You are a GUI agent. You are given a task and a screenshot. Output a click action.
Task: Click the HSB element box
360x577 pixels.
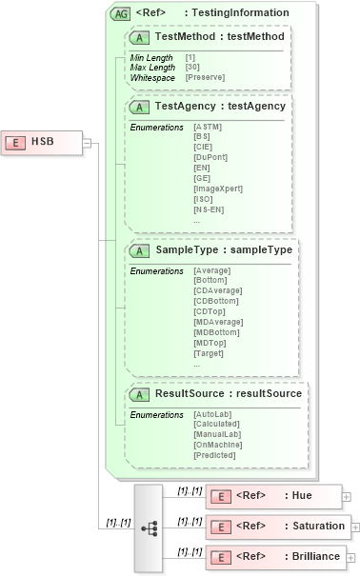(x=42, y=142)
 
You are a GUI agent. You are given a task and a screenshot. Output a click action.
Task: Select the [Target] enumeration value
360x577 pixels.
(x=209, y=352)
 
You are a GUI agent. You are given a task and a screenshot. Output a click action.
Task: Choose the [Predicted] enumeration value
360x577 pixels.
(x=213, y=455)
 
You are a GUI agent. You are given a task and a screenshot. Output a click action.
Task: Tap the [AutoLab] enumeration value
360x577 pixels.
(x=211, y=415)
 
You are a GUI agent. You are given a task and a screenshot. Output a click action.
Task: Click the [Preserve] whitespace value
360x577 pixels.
(x=206, y=76)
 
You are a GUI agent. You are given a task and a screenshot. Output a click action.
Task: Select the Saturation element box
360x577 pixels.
(x=277, y=526)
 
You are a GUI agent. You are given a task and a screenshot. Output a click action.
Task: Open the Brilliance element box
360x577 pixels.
(x=275, y=556)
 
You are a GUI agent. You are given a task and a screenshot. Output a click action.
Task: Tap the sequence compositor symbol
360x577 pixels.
(x=148, y=527)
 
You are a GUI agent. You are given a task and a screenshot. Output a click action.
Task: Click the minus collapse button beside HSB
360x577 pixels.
(x=87, y=143)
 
